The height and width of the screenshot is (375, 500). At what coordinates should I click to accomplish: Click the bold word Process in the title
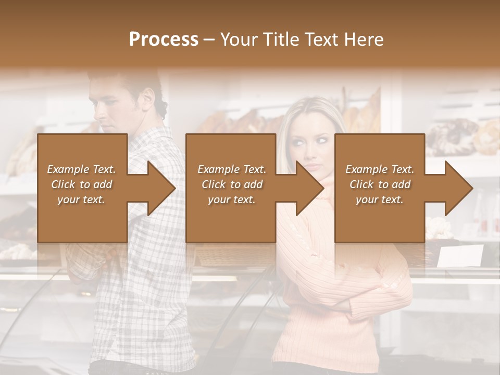[164, 40]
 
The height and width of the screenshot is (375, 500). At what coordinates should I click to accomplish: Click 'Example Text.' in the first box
[82, 169]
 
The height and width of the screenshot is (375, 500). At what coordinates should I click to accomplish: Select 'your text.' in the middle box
[232, 199]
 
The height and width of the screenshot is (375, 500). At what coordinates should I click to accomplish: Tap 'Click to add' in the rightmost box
[380, 184]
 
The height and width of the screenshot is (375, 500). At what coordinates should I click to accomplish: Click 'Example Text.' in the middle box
[232, 169]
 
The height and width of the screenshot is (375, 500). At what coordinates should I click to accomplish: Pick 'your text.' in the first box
[82, 199]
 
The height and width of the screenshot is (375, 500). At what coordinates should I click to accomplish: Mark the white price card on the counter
[460, 256]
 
